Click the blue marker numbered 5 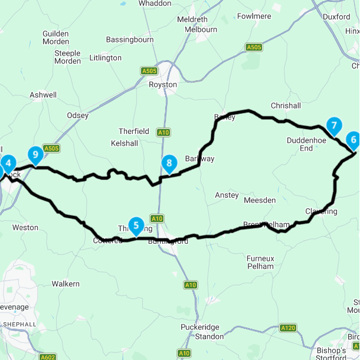pos(136,225)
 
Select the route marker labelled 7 pos(334,125)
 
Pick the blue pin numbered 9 pos(35,155)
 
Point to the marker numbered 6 pos(353,140)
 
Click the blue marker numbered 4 pos(8,163)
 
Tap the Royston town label pos(163,84)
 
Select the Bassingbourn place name pos(130,40)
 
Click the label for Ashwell pos(44,94)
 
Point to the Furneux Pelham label pos(260,262)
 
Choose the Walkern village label pos(66,284)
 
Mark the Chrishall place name pos(286,106)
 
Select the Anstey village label pos(227,195)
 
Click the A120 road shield pos(288,328)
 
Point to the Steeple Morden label pos(67,57)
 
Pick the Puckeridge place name pos(210,328)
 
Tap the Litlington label pos(105,58)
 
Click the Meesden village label pos(260,200)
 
